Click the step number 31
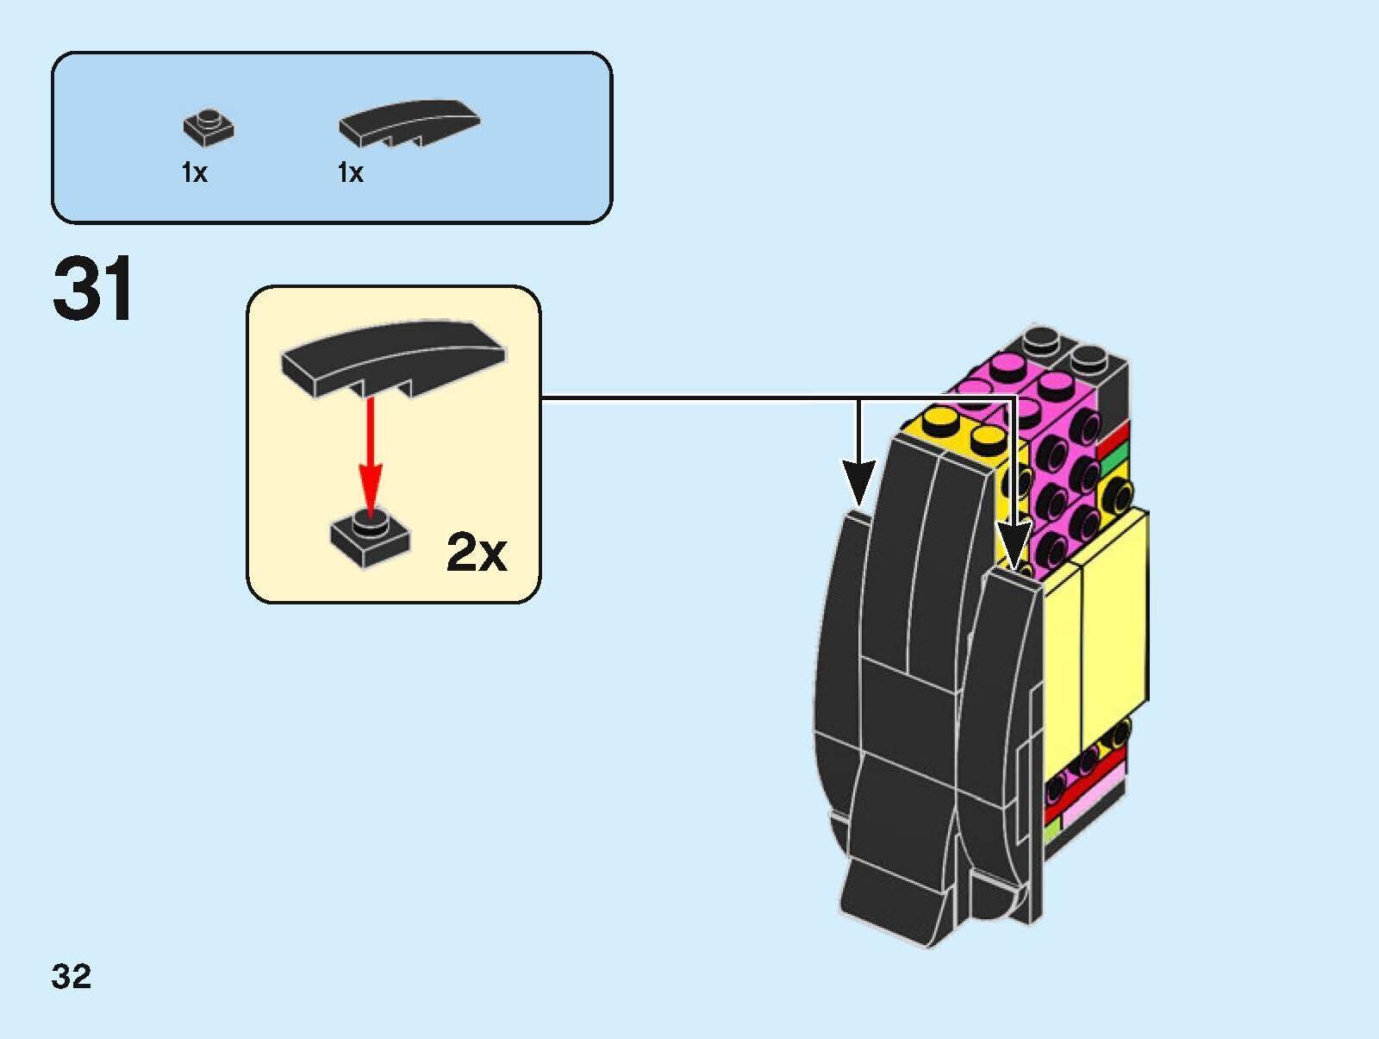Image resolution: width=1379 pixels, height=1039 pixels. (93, 289)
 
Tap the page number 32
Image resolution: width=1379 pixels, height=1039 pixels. (72, 976)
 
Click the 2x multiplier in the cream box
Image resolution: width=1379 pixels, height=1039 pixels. (477, 553)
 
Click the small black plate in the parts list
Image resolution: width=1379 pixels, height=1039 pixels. (209, 127)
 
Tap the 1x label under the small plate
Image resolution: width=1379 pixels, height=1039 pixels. (194, 173)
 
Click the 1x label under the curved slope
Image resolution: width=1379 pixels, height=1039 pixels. (350, 173)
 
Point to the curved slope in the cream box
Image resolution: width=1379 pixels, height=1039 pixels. (392, 358)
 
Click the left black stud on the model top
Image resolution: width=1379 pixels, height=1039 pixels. (1040, 338)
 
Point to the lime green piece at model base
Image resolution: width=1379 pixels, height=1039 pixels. (1051, 831)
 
